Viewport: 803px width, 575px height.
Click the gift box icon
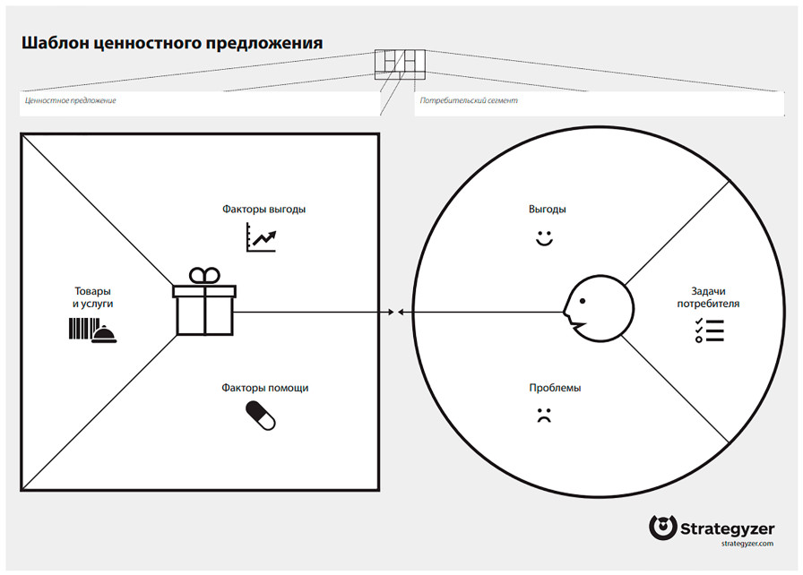point(204,302)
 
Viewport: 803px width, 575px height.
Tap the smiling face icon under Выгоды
point(544,238)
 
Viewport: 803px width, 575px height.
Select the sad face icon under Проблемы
point(544,415)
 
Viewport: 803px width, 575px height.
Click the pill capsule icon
point(261,416)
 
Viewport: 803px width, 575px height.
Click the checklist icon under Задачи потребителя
point(709,330)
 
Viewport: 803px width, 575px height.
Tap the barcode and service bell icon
point(92,330)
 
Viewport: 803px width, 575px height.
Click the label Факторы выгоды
point(263,210)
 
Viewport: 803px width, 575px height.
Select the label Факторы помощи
point(264,388)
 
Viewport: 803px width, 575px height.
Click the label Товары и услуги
point(92,297)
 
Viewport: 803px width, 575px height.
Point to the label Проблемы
point(555,388)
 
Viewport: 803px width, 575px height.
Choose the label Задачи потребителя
point(708,297)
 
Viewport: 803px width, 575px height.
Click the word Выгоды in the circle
point(547,210)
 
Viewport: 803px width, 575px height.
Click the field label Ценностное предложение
point(71,101)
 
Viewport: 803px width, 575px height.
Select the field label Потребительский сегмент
point(469,101)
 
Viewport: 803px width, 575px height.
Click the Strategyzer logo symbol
point(662,528)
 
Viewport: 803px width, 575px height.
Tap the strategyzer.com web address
point(747,544)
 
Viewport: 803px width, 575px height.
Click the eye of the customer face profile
point(583,301)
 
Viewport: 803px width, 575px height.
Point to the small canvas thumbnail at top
point(400,64)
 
